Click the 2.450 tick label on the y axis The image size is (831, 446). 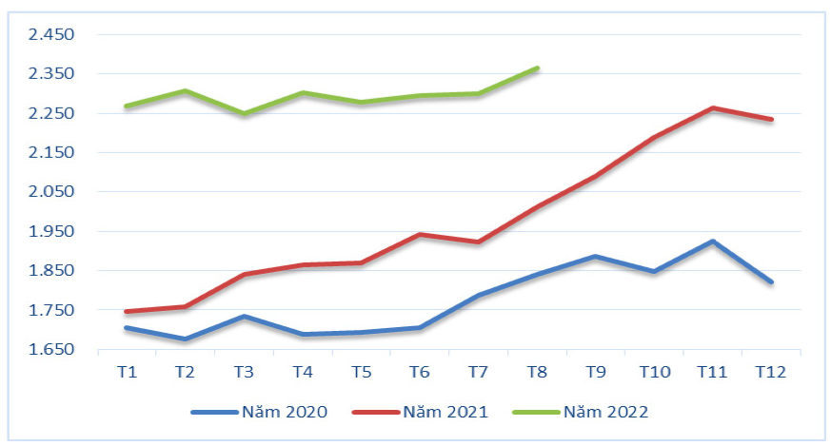pos(51,34)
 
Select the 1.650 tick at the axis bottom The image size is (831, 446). pos(51,350)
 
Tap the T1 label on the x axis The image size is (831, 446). pos(127,372)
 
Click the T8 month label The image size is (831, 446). pos(537,372)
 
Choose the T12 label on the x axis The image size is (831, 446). pos(771,372)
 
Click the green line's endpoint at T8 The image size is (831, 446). pos(538,68)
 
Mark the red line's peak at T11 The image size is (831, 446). pos(713,108)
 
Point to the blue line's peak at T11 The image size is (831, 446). pos(713,242)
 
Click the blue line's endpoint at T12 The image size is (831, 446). pos(771,282)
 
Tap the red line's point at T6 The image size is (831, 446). pos(420,234)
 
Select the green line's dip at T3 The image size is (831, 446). pos(244,113)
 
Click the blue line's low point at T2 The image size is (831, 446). pos(185,339)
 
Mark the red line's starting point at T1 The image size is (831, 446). pos(127,311)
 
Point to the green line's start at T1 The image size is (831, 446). pos(127,106)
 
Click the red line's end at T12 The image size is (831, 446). pos(771,120)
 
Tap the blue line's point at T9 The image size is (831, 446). pos(596,257)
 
